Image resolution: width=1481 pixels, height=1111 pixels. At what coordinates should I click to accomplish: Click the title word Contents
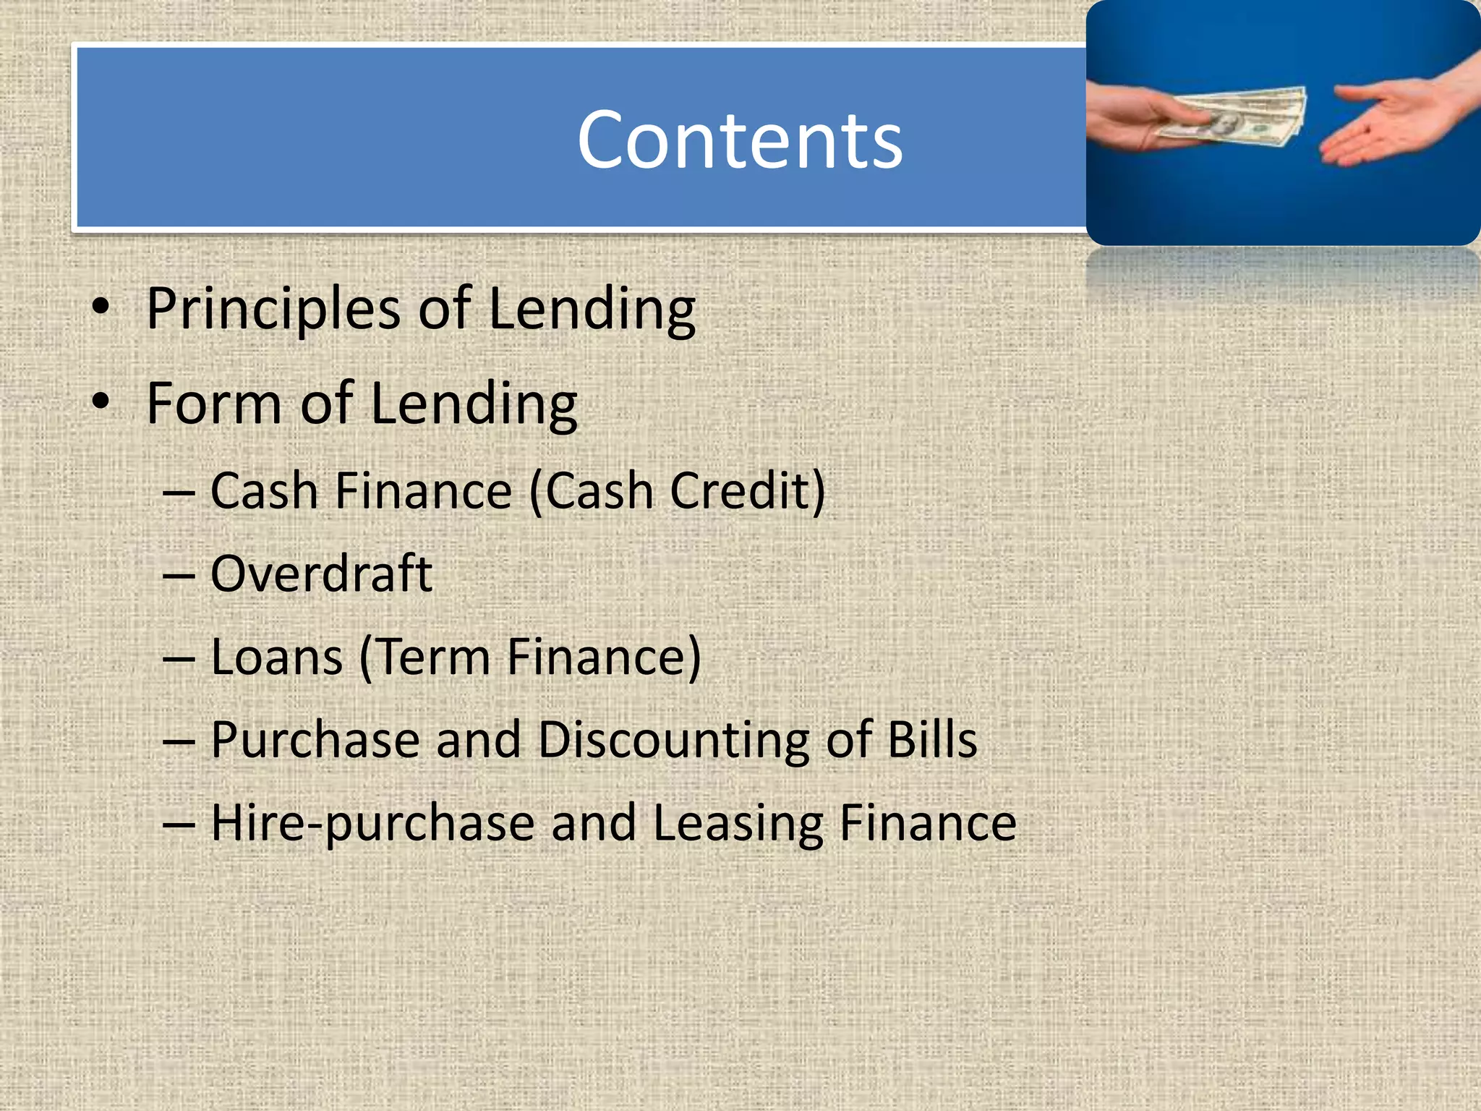[x=739, y=140]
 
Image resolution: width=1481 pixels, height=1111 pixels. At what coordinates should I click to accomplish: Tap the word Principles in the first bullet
[x=273, y=310]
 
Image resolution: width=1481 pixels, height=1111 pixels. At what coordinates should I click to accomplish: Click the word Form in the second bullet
[x=213, y=404]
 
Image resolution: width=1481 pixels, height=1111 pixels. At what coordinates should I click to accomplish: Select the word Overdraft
[x=321, y=574]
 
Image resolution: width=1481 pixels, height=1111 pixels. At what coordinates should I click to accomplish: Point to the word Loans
[x=276, y=657]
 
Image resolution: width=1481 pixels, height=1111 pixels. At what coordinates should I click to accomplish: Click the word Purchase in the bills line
[x=315, y=741]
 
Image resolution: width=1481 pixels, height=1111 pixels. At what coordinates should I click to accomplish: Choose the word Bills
[x=932, y=741]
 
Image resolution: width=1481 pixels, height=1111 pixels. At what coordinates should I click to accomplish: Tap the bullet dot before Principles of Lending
[x=101, y=307]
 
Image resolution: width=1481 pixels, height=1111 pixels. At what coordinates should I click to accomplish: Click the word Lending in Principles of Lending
[x=592, y=310]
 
